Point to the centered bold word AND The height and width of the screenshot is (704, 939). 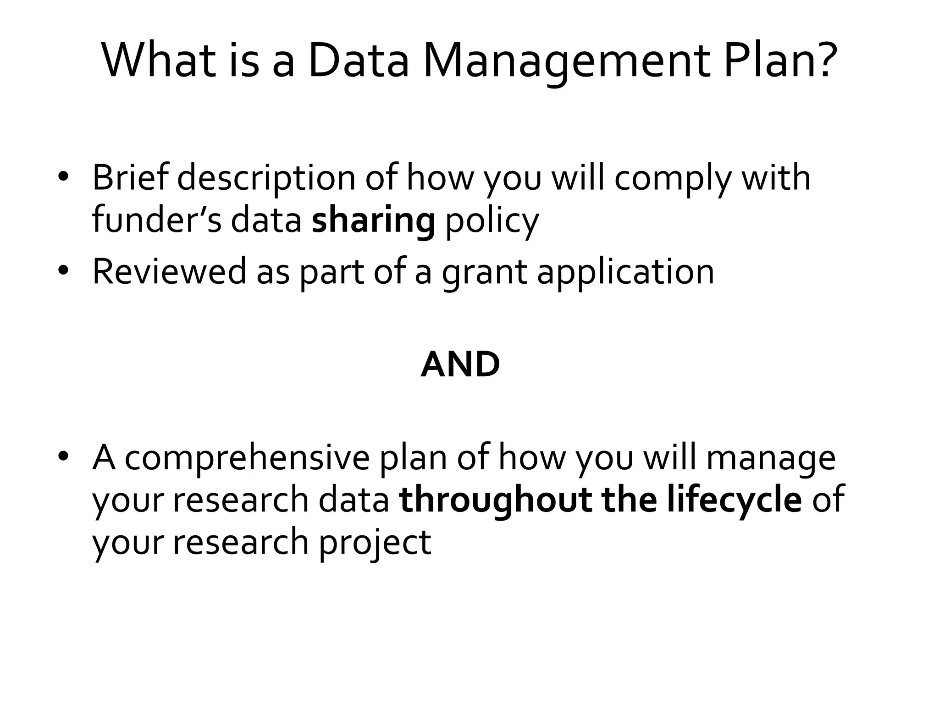pyautogui.click(x=460, y=365)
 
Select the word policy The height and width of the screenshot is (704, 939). pyautogui.click(x=492, y=222)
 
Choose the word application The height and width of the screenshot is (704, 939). pyautogui.click(x=625, y=273)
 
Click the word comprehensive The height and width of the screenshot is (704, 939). pyautogui.click(x=247, y=458)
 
